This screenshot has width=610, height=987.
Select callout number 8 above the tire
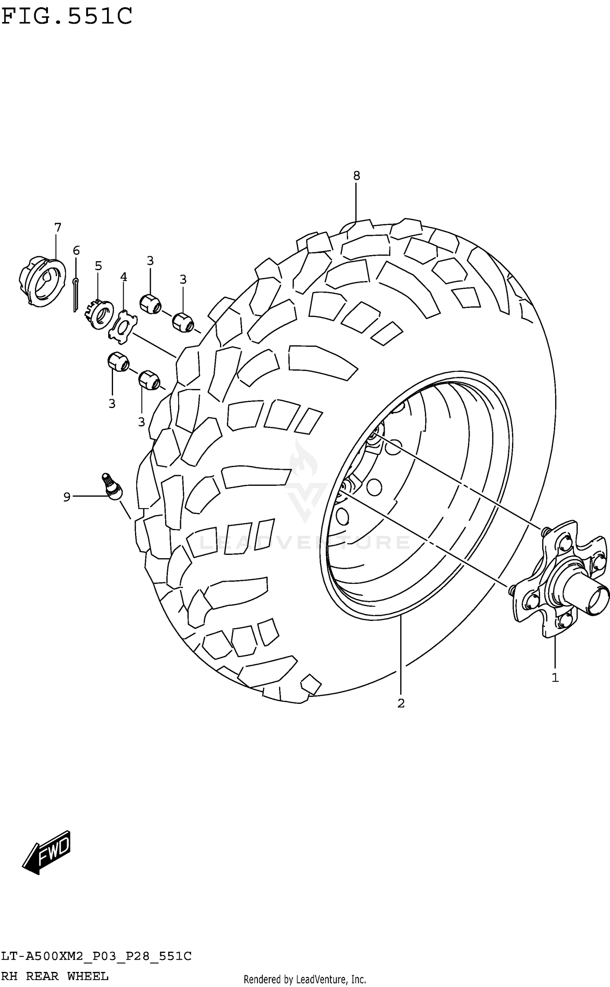click(356, 176)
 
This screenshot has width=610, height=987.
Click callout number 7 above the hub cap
click(57, 227)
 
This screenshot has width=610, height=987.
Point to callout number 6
click(76, 250)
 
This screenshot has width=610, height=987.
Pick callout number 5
click(98, 266)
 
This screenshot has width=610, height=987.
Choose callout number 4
click(124, 277)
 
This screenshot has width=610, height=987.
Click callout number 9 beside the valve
click(67, 497)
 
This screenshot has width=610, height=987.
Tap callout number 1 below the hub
click(555, 678)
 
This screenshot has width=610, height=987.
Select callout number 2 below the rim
click(401, 703)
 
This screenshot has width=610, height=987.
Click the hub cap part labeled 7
click(42, 281)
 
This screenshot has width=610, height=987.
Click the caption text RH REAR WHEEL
click(55, 976)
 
